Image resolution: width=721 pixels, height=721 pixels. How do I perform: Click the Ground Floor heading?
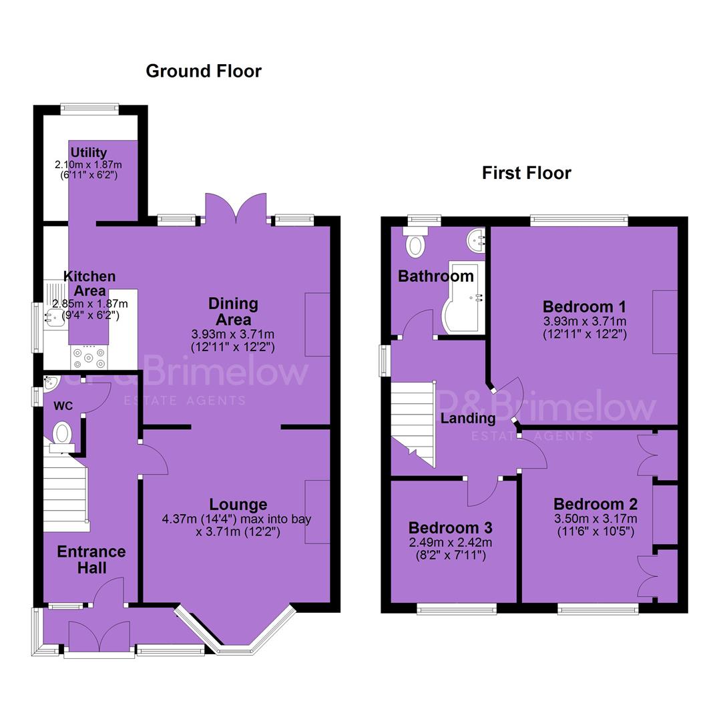[x=204, y=71]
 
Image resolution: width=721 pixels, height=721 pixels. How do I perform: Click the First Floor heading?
[x=527, y=173]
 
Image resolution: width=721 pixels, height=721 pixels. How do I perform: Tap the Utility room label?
[x=88, y=152]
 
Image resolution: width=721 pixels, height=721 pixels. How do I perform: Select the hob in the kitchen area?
[x=89, y=357]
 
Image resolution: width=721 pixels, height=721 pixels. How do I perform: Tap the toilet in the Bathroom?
[x=416, y=242]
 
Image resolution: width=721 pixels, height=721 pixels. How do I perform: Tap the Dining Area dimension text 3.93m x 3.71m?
[x=233, y=334]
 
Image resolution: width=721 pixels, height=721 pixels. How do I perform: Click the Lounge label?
[x=238, y=505]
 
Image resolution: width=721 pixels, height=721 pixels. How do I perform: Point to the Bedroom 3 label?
[x=450, y=527]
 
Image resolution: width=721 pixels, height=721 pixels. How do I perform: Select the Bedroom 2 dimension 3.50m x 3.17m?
[x=595, y=519]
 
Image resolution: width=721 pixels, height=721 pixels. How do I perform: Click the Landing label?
[x=468, y=418]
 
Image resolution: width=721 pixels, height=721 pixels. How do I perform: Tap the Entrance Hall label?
[x=91, y=559]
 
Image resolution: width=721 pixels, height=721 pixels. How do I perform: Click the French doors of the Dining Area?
[x=236, y=209]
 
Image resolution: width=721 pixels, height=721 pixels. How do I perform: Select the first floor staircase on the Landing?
[x=413, y=423]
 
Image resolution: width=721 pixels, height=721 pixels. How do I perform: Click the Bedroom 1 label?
[x=584, y=306]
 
